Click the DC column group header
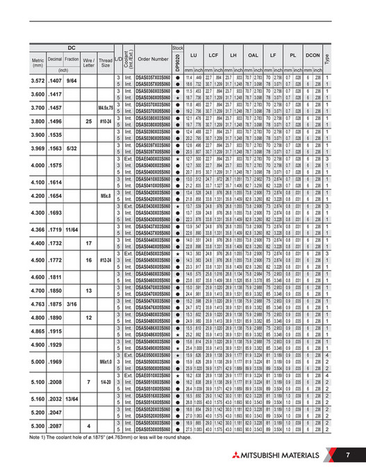tap(71, 47)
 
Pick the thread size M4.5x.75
tap(106, 107)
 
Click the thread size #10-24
tap(106, 120)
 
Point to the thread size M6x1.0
tap(106, 362)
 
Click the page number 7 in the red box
tap(348, 455)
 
